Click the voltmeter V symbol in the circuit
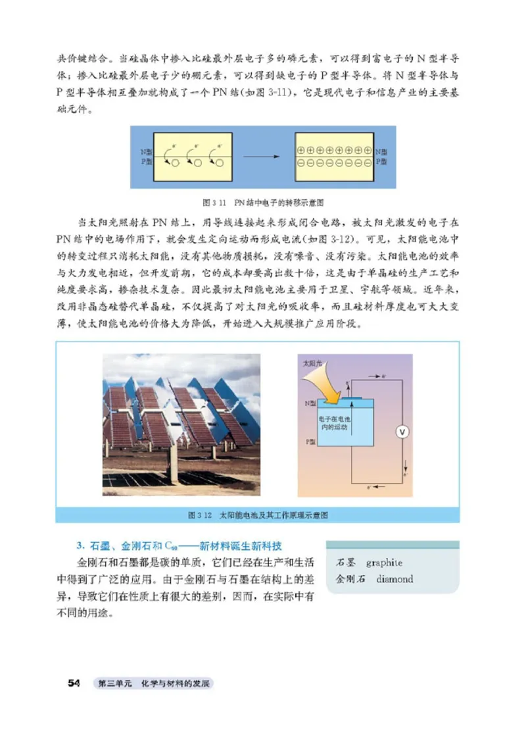tap(404, 431)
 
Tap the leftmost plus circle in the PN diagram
tap(300, 150)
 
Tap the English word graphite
tap(384, 563)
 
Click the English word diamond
tap(394, 579)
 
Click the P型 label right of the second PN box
tap(382, 161)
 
